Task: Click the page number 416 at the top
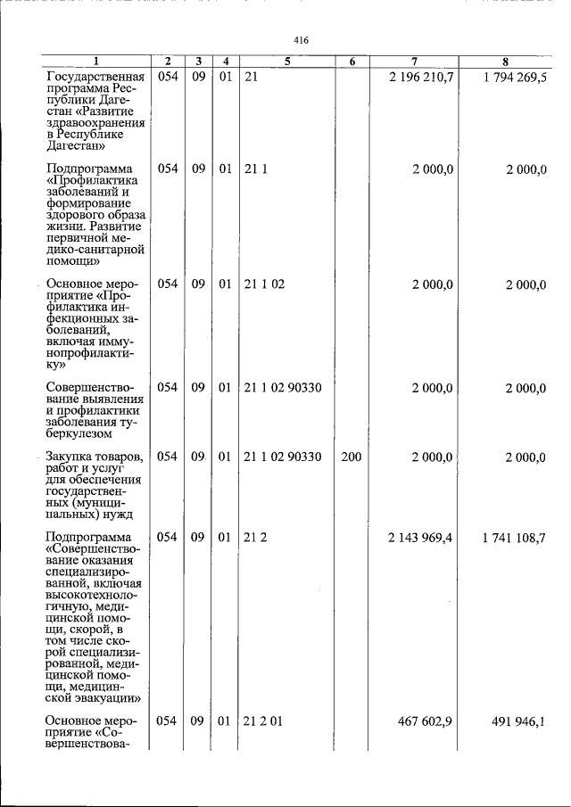click(301, 40)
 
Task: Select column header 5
click(287, 62)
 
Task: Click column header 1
click(96, 62)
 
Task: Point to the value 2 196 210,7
click(422, 78)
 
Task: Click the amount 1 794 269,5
click(515, 78)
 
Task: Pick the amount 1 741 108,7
click(515, 538)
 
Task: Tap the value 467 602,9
click(427, 721)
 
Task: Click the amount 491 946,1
click(520, 721)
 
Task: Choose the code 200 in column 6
click(352, 457)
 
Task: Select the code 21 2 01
click(264, 721)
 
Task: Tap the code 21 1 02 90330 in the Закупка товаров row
click(283, 457)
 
